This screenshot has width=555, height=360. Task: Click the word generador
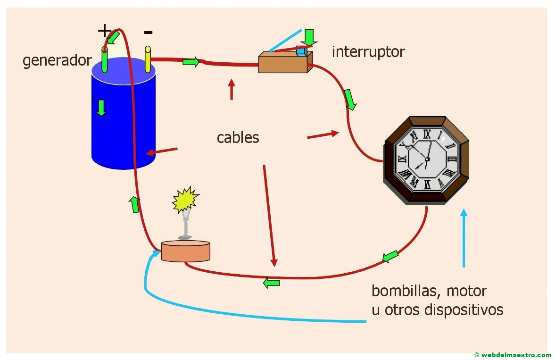point(57,61)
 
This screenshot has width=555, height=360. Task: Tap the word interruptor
point(368,52)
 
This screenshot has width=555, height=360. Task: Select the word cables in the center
point(238,137)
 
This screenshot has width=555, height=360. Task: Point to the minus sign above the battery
point(148,32)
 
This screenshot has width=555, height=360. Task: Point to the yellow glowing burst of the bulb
point(184,200)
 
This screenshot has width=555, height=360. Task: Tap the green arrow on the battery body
point(101,108)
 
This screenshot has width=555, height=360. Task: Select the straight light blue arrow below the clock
point(464,238)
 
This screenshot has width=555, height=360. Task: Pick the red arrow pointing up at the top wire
point(232,89)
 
